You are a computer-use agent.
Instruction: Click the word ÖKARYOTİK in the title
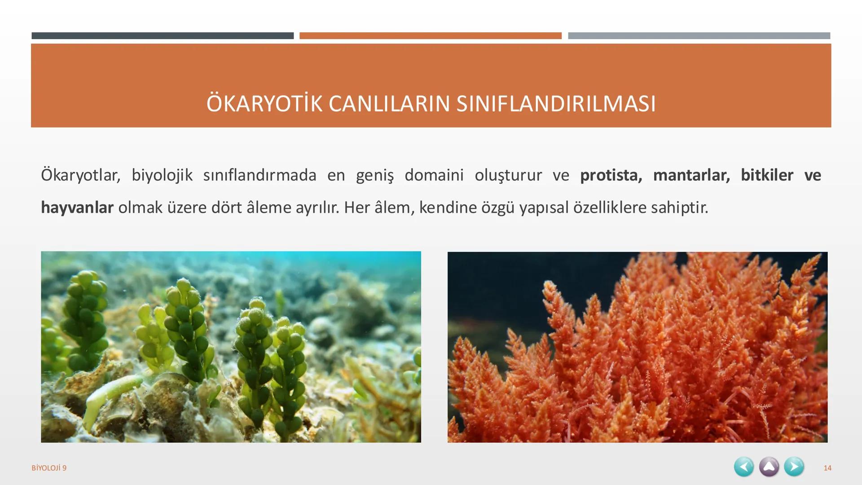(x=264, y=104)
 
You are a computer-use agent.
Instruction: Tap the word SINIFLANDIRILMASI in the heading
(x=556, y=104)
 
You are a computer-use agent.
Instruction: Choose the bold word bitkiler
(x=767, y=175)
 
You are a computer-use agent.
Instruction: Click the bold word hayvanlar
(x=77, y=207)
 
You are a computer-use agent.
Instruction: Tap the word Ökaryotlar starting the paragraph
(x=80, y=175)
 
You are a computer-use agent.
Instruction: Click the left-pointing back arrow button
(x=744, y=467)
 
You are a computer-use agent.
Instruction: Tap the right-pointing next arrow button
(x=794, y=467)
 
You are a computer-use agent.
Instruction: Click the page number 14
(x=827, y=468)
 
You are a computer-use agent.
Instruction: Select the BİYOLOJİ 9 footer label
(x=49, y=468)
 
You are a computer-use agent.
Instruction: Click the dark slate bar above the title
(x=163, y=36)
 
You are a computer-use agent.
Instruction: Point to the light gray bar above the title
(x=699, y=36)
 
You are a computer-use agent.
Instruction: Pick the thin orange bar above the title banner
(x=430, y=36)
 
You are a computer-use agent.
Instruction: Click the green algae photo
(x=231, y=347)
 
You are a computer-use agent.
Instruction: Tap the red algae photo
(x=637, y=347)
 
